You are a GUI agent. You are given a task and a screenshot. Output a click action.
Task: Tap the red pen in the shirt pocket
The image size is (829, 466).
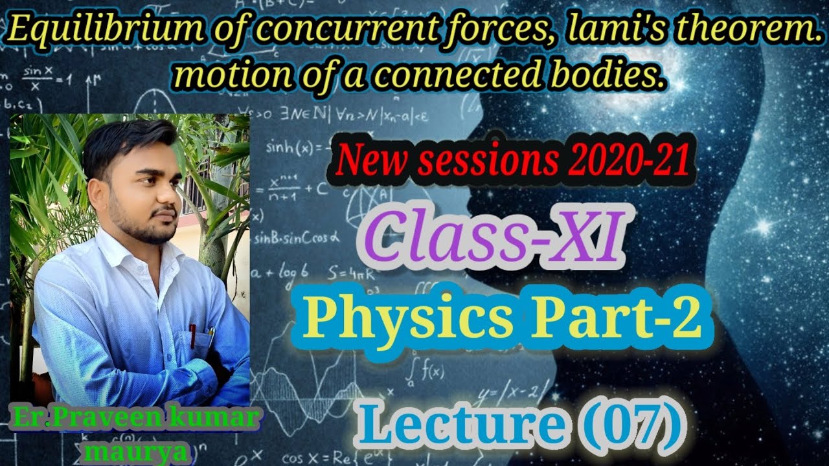[192, 335]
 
